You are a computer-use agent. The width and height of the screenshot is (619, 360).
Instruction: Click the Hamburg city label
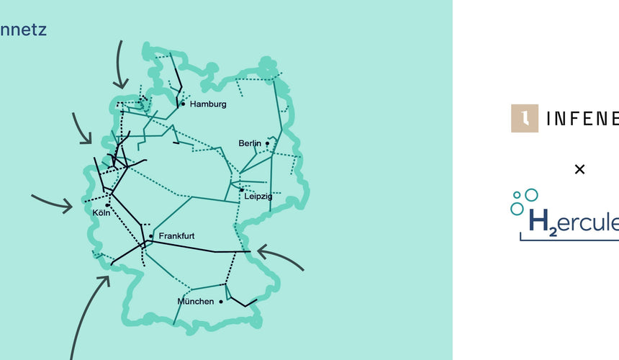pos(208,104)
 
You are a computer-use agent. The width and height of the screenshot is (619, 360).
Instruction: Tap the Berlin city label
pos(250,143)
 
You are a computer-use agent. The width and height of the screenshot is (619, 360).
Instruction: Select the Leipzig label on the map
pos(256,196)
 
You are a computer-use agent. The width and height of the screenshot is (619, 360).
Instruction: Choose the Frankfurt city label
pos(176,235)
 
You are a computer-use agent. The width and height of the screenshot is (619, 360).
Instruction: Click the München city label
pos(195,301)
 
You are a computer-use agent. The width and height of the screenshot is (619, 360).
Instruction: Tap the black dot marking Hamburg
pos(184,104)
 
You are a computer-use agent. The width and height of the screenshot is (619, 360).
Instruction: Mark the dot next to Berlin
pos(267,143)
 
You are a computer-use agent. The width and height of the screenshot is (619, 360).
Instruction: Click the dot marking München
pos(221,301)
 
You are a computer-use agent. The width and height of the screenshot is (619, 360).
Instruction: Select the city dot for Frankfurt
pos(151,236)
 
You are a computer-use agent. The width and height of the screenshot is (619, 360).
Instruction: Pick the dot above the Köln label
pos(107,205)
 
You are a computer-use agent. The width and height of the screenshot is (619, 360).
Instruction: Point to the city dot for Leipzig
pos(241,190)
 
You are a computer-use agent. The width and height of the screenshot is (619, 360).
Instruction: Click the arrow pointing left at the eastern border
pos(280,258)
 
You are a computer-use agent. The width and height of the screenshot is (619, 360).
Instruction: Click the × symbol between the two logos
pos(579,169)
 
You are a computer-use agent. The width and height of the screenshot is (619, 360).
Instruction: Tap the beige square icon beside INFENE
pos(525,118)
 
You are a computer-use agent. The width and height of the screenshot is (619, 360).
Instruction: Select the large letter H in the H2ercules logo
pos(538,220)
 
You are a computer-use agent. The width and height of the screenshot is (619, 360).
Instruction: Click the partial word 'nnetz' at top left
pos(24,30)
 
